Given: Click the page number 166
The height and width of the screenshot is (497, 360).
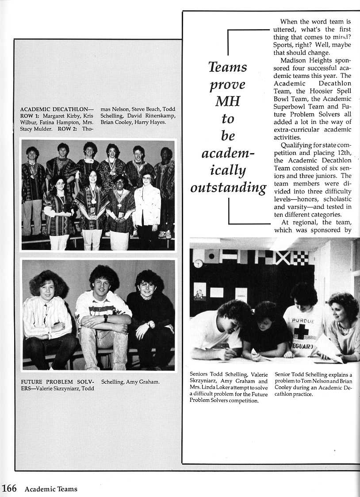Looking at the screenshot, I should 9,488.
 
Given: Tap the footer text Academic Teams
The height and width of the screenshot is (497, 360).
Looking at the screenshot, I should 51,489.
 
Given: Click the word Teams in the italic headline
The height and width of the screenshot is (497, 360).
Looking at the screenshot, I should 228,67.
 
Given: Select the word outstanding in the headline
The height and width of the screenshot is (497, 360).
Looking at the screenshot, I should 228,187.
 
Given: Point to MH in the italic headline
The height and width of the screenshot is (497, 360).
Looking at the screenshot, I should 227,101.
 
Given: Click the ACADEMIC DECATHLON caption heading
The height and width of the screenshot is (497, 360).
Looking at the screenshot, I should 57,109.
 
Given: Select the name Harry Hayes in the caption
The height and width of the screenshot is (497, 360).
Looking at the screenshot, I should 152,122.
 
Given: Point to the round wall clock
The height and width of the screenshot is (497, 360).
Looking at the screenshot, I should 198,263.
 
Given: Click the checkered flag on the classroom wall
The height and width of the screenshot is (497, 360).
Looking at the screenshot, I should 299,258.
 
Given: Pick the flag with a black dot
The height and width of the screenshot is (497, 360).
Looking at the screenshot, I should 211,256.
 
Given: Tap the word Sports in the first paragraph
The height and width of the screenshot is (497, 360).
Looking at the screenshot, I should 284,45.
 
